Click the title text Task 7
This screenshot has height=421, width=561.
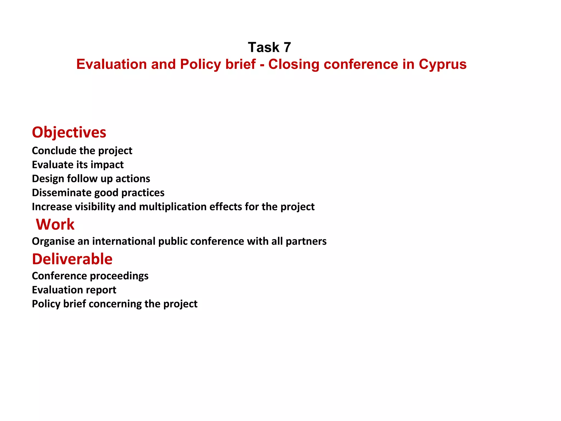pyautogui.click(x=269, y=47)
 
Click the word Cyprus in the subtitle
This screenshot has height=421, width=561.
pyautogui.click(x=442, y=64)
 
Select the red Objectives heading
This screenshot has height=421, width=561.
pyautogui.click(x=69, y=132)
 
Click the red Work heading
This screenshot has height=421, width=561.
pyautogui.click(x=55, y=224)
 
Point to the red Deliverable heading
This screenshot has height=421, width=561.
pyautogui.click(x=72, y=259)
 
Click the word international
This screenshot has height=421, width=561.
pyautogui.click(x=124, y=241)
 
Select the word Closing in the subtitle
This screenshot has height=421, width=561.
pyautogui.click(x=294, y=64)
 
